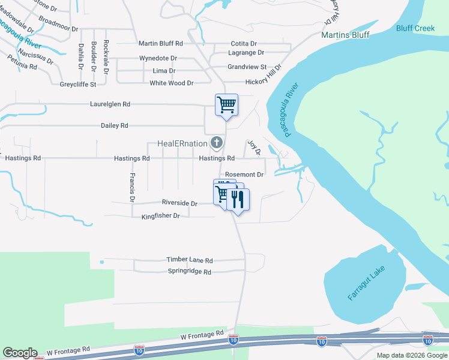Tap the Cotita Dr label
[x=244, y=44]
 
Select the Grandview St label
[x=247, y=67]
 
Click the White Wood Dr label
[x=171, y=83]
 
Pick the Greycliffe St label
[x=78, y=85]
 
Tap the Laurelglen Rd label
[x=110, y=104]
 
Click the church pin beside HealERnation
[x=216, y=143]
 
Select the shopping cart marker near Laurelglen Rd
[x=227, y=105]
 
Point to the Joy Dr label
[x=254, y=148]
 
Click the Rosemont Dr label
[x=244, y=175]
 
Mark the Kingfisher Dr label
[x=160, y=216]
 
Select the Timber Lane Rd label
[x=190, y=260]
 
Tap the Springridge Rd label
[x=190, y=272]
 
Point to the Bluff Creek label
[x=415, y=28]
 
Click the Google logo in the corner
[x=20, y=353]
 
